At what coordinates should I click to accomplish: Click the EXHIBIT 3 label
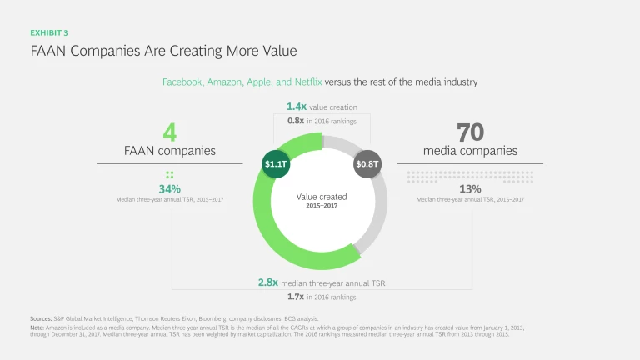pyautogui.click(x=49, y=32)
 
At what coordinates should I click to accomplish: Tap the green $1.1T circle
pyautogui.click(x=276, y=164)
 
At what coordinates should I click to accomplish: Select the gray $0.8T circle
pyautogui.click(x=367, y=164)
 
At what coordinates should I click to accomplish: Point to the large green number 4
pyautogui.click(x=169, y=132)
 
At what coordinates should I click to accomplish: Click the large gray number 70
pyautogui.click(x=470, y=132)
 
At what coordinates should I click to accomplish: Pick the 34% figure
pyautogui.click(x=169, y=188)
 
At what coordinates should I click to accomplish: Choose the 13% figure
pyautogui.click(x=470, y=188)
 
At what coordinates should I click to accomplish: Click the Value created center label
pyautogui.click(x=322, y=197)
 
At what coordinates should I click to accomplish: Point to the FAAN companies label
pyautogui.click(x=169, y=151)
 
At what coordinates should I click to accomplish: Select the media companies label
pyautogui.click(x=470, y=151)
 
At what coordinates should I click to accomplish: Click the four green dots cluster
pyautogui.click(x=169, y=174)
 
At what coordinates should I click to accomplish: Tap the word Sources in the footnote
pyautogui.click(x=42, y=318)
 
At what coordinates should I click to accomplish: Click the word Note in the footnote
pyautogui.click(x=37, y=327)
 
